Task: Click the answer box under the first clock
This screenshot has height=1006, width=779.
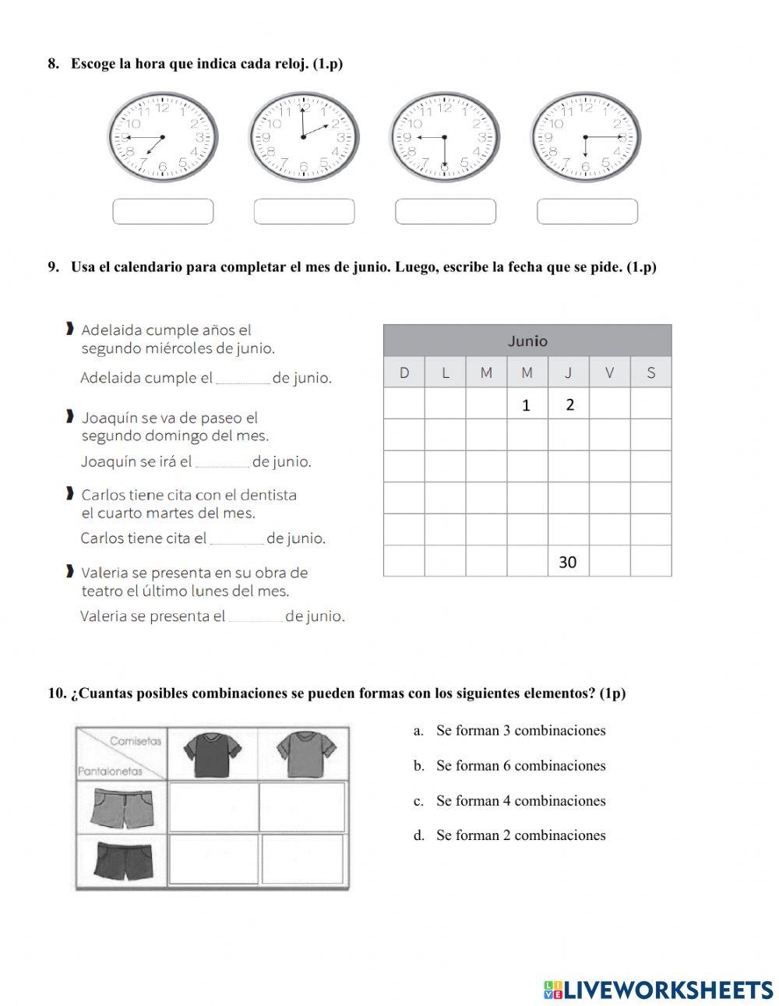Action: [163, 211]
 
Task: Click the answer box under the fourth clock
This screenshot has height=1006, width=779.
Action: [587, 211]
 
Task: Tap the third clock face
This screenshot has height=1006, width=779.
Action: [445, 137]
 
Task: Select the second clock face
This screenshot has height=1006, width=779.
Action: [304, 137]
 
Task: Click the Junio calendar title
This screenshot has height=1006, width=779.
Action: [527, 341]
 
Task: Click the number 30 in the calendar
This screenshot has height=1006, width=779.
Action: [568, 562]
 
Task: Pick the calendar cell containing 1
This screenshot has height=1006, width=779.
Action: [527, 404]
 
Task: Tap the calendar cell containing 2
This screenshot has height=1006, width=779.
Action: [569, 404]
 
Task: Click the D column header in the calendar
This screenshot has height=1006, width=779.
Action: [404, 372]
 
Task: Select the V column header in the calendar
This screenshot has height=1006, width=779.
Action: [609, 372]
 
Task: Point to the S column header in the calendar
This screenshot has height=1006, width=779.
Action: [650, 372]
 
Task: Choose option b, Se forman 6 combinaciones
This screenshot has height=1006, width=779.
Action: [520, 765]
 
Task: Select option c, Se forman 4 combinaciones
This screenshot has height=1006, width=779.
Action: [520, 800]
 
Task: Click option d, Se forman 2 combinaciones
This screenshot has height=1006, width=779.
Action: [520, 835]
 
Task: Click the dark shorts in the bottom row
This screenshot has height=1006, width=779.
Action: [122, 859]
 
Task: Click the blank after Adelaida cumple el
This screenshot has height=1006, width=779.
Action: [242, 379]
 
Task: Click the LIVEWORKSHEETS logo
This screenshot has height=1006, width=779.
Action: [658, 990]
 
